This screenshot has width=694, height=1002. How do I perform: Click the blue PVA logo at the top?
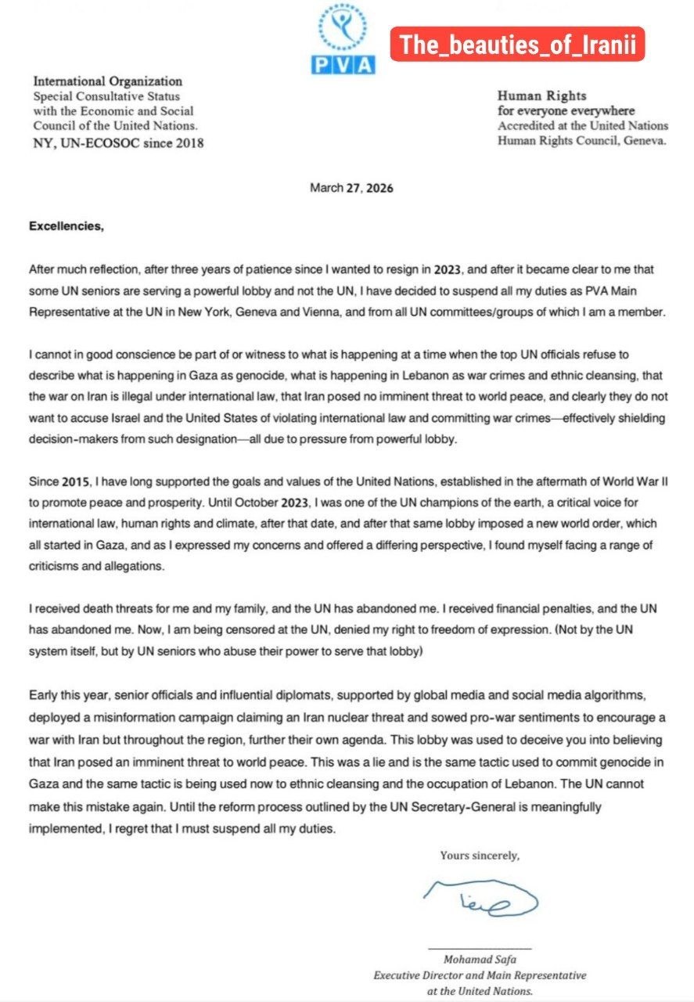pyautogui.click(x=343, y=39)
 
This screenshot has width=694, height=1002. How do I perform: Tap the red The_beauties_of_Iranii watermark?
pyautogui.click(x=516, y=45)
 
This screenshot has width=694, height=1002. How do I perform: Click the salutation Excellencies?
pyautogui.click(x=66, y=227)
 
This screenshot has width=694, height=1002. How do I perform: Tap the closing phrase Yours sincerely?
pyautogui.click(x=480, y=856)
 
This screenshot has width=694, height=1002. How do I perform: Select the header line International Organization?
pyautogui.click(x=107, y=81)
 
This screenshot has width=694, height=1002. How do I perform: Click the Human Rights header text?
pyautogui.click(x=542, y=96)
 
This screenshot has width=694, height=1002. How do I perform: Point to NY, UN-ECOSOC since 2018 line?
pyautogui.click(x=118, y=142)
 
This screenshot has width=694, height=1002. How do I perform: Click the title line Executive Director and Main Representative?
pyautogui.click(x=480, y=976)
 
